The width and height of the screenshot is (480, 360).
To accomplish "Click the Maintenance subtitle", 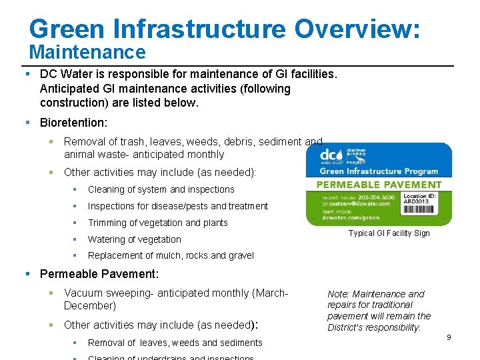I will click(87, 52).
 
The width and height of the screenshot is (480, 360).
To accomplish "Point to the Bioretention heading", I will click(73, 123).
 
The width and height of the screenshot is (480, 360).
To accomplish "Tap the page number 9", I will click(449, 337).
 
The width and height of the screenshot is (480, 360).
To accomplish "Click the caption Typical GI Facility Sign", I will click(389, 233).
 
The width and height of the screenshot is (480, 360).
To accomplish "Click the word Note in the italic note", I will click(339, 294).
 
